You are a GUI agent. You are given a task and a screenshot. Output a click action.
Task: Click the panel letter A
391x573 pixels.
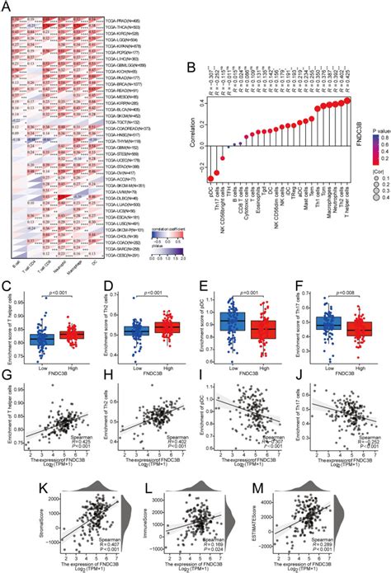(7, 7)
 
